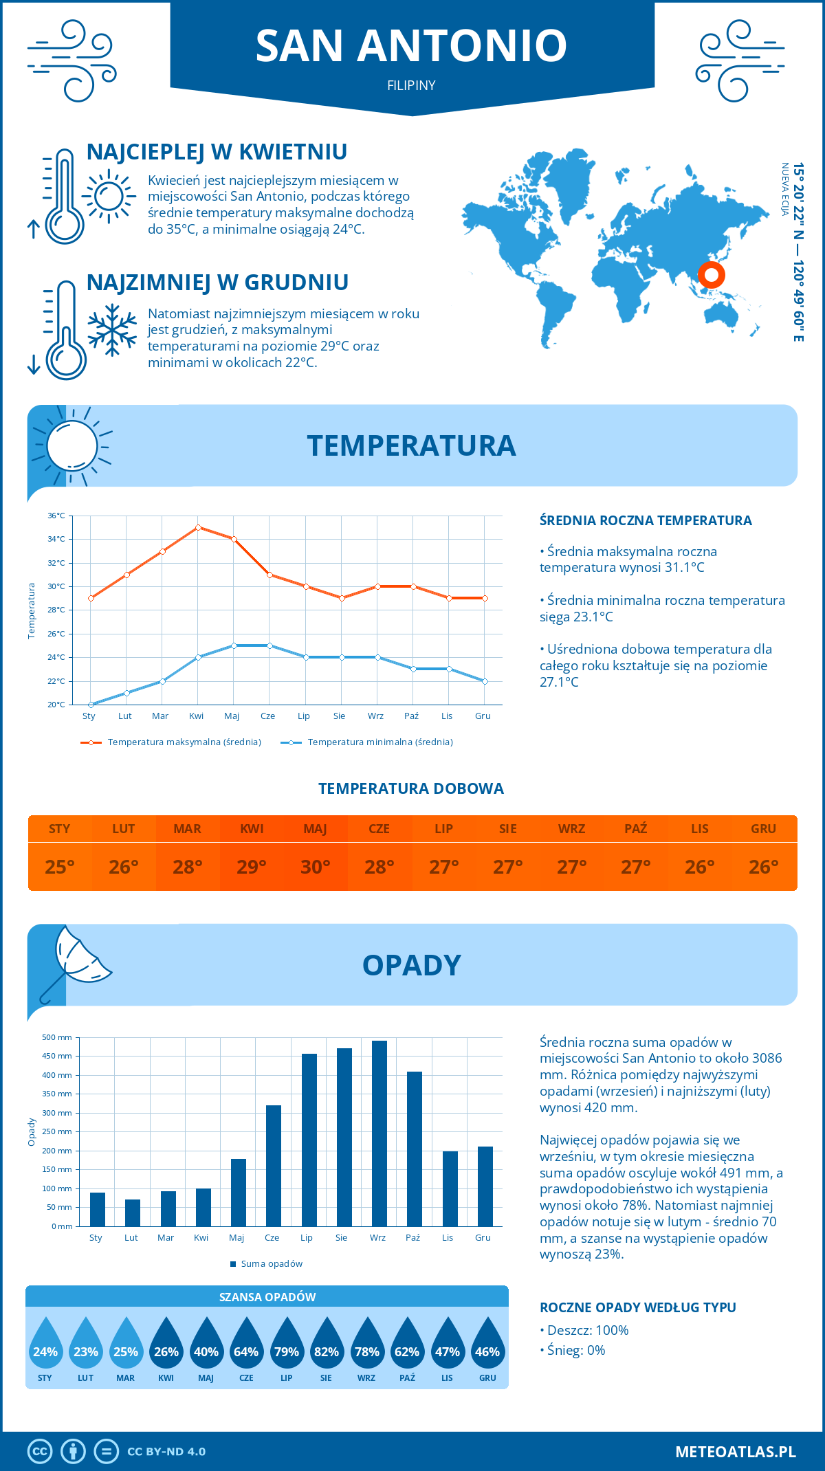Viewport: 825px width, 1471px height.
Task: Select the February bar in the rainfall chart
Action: [x=132, y=1213]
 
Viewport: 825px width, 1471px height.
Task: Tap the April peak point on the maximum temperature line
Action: [x=198, y=527]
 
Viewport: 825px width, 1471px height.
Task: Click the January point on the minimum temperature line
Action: [x=91, y=705]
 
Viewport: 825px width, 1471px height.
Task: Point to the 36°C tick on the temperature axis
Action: [x=56, y=516]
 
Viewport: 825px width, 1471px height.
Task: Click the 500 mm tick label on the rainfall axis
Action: [x=58, y=1037]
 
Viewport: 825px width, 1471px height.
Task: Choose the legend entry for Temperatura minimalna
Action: [x=368, y=742]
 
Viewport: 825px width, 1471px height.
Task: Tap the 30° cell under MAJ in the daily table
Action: [x=316, y=867]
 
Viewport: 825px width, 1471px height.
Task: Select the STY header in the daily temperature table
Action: [x=60, y=829]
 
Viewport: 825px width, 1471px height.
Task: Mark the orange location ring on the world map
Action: [x=712, y=275]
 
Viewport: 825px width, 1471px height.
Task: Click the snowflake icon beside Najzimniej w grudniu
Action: [x=112, y=330]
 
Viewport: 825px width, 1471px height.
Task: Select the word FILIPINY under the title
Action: [x=411, y=85]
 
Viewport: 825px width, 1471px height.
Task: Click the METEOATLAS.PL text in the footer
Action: [x=736, y=1452]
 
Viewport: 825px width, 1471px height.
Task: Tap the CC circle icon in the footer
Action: [x=40, y=1452]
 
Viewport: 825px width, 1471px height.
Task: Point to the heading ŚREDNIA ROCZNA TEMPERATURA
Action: [x=646, y=520]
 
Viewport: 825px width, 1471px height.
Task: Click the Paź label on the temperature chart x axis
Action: [x=411, y=716]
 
